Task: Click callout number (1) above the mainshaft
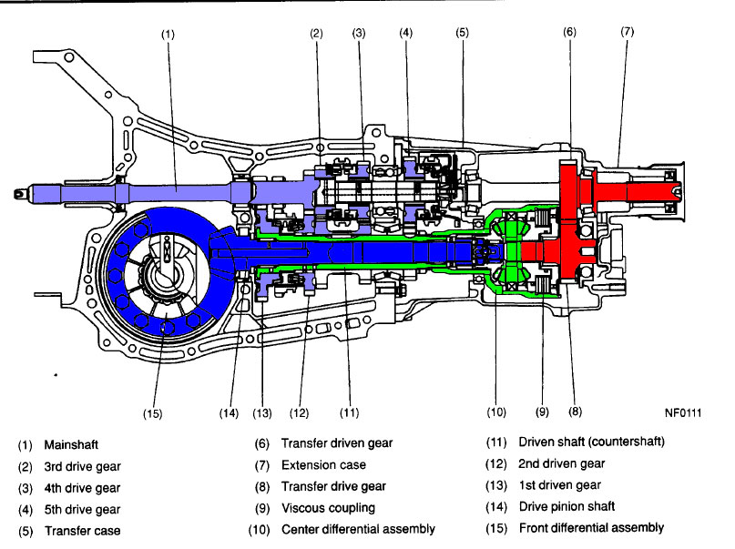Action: (x=167, y=35)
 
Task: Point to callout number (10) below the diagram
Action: (x=495, y=412)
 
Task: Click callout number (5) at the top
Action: (x=463, y=34)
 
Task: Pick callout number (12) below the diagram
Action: (x=301, y=412)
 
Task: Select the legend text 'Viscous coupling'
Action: (x=328, y=508)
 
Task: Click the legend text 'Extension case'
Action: (x=323, y=465)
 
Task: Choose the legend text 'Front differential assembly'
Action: (x=591, y=528)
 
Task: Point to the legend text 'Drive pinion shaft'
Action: (x=567, y=507)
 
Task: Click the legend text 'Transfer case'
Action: (x=81, y=530)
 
